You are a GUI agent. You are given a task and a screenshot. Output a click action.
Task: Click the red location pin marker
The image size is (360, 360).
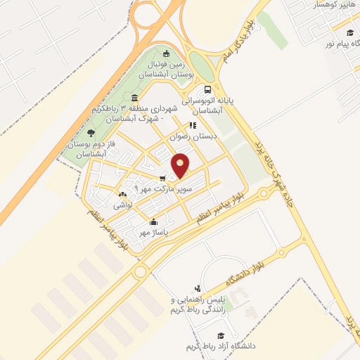[181, 166]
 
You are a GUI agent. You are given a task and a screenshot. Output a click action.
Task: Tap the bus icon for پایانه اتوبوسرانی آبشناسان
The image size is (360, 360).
[207, 89]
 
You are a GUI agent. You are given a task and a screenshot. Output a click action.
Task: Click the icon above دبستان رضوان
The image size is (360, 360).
[193, 125]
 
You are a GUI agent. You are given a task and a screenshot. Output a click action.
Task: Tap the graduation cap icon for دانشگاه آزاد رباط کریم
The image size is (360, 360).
[221, 335]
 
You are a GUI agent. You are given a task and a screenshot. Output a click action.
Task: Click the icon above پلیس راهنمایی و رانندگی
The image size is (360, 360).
[198, 288]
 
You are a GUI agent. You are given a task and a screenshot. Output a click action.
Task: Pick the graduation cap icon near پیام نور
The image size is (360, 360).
[349, 32]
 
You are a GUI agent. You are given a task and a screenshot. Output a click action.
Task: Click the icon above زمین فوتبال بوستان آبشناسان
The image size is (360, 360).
[166, 53]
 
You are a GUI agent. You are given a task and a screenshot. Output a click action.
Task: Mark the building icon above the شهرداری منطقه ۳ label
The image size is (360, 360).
[134, 98]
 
